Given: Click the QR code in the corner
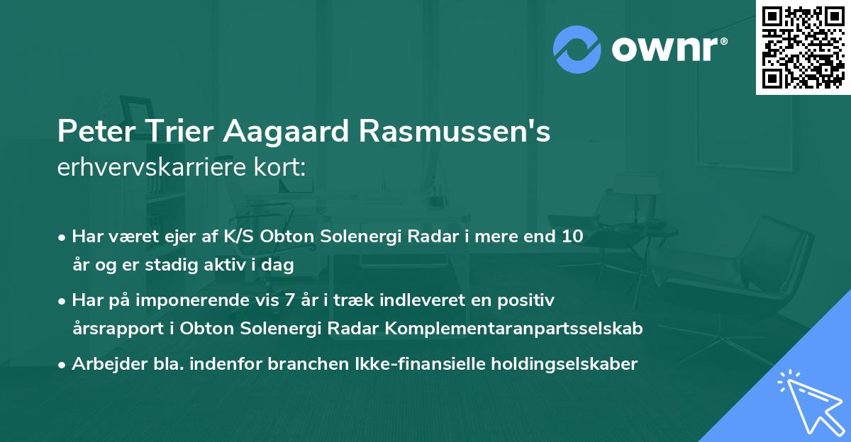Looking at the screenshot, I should tap(803, 47).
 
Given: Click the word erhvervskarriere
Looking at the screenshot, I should tap(156, 167).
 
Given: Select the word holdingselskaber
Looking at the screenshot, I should tap(557, 364).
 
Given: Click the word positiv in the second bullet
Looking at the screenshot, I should tap(529, 300).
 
